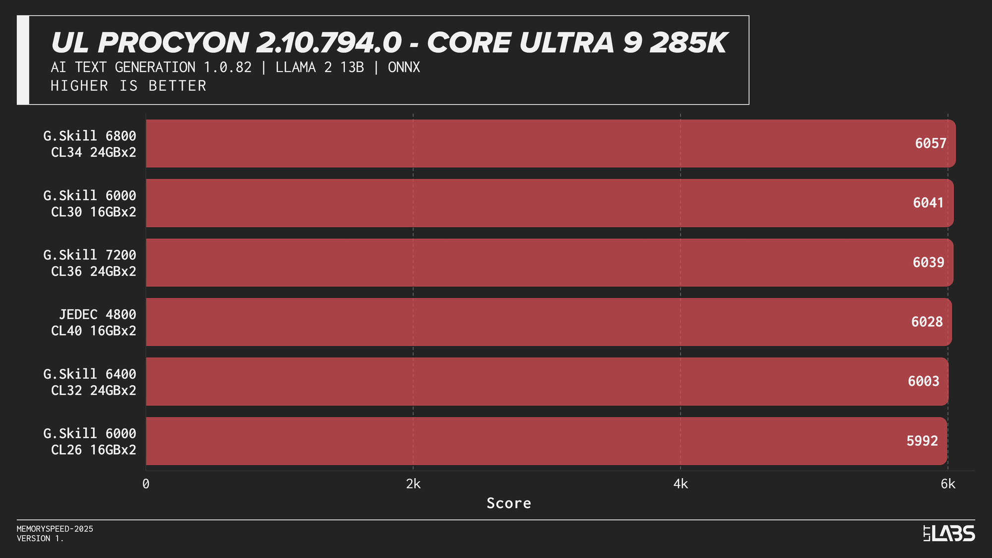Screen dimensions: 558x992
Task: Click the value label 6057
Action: tap(930, 143)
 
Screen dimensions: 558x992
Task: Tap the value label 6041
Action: tap(928, 203)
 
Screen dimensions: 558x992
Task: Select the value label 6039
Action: tap(928, 262)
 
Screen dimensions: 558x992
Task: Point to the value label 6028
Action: tap(927, 322)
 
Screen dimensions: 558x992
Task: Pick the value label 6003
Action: tap(923, 381)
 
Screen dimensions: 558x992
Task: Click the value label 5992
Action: tap(922, 441)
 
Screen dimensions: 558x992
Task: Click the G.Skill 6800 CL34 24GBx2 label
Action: tap(90, 144)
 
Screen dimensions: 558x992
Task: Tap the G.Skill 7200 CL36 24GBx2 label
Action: tap(90, 263)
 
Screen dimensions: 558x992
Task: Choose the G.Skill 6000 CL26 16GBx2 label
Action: tap(90, 441)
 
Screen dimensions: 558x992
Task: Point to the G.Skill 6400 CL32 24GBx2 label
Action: tap(90, 382)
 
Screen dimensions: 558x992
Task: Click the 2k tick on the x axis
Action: tap(413, 484)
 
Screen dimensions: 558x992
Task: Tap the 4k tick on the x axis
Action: tap(681, 484)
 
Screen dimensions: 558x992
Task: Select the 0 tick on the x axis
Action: tap(146, 484)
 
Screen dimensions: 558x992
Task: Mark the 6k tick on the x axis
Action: tap(948, 484)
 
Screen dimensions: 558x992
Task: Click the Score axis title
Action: tap(508, 503)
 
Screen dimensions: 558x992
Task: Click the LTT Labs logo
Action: tap(949, 533)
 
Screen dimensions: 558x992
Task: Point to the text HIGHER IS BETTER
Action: tap(128, 86)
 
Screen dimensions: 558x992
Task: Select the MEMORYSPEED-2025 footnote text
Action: tap(55, 529)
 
